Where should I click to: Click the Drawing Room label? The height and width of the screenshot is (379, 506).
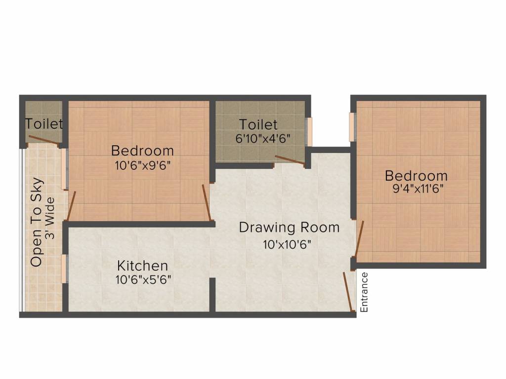pyautogui.click(x=289, y=227)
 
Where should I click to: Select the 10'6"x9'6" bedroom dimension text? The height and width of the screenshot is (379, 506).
pyautogui.click(x=142, y=166)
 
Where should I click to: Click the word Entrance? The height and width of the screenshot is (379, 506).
pyautogui.click(x=365, y=292)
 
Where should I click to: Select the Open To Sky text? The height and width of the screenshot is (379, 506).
pyautogui.click(x=37, y=223)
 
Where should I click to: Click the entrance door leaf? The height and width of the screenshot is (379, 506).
pyautogui.click(x=349, y=292)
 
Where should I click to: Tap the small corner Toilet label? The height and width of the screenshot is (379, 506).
pyautogui.click(x=44, y=123)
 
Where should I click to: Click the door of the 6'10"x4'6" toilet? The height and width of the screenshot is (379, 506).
pyautogui.click(x=290, y=160)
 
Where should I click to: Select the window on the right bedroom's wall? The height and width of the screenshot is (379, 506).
pyautogui.click(x=352, y=126)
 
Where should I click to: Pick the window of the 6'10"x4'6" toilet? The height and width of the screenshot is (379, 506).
pyautogui.click(x=309, y=132)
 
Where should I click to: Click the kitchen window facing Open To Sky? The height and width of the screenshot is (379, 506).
pyautogui.click(x=64, y=268)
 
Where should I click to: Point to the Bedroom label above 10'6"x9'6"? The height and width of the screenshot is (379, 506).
pyautogui.click(x=142, y=151)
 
